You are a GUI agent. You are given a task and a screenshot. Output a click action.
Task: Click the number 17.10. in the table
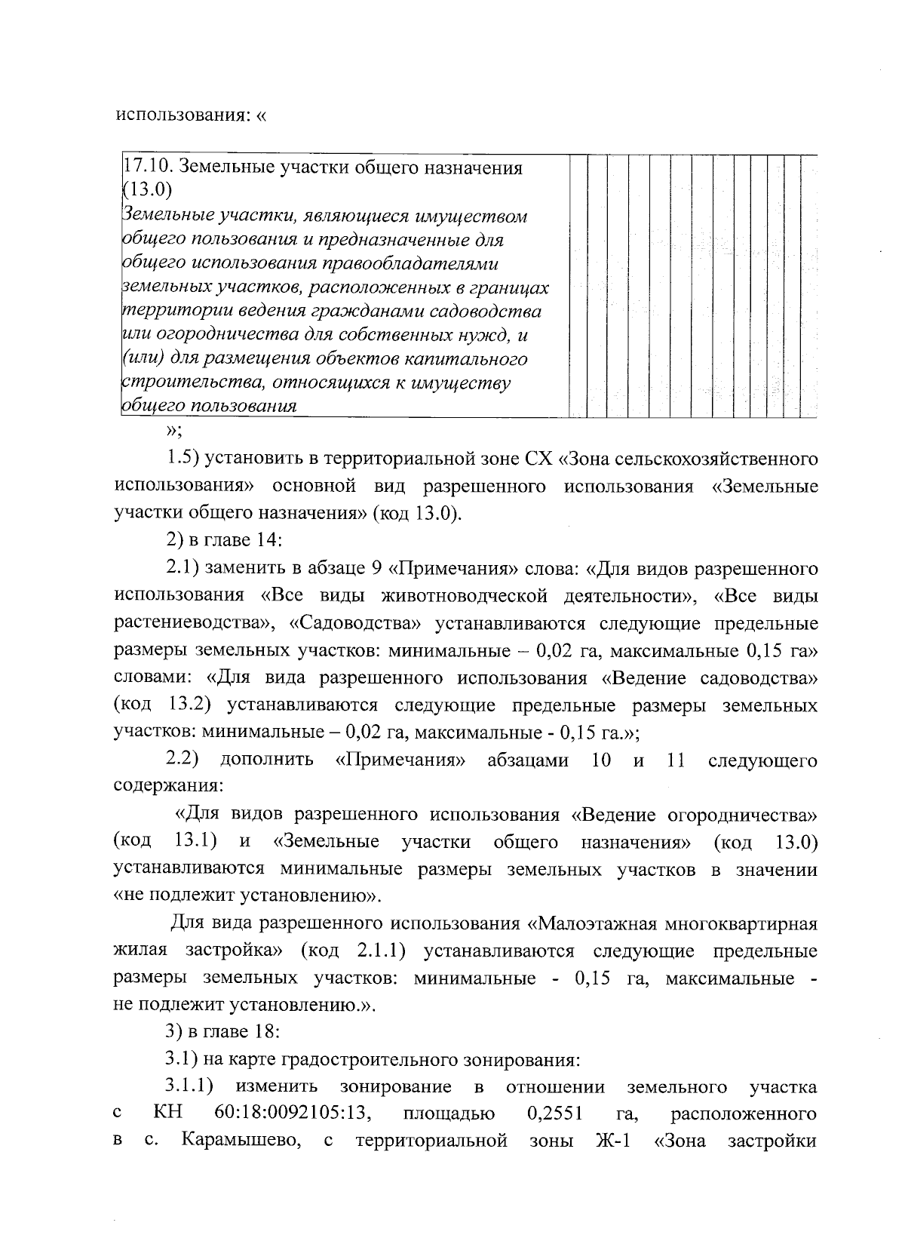[146, 167]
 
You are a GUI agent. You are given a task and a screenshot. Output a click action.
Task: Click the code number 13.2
[183, 705]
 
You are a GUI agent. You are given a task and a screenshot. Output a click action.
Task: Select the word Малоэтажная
[596, 923]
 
